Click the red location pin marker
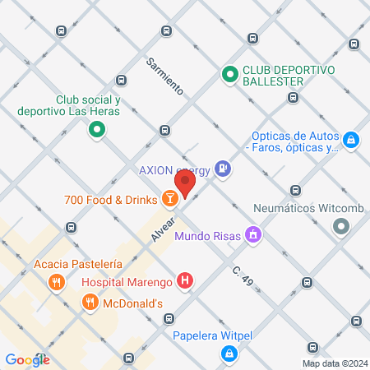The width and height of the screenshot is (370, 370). [x=185, y=183]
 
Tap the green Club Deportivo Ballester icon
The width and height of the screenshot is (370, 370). [x=230, y=76]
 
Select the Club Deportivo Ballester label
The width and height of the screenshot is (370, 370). [x=289, y=76]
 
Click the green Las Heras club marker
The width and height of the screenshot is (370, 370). [x=96, y=129]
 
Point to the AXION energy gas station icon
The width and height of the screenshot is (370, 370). [x=222, y=170]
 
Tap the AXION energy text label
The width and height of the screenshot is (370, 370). [x=174, y=170]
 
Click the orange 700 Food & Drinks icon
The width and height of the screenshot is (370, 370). [x=169, y=198]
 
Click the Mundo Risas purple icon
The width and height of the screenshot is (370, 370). [x=254, y=236]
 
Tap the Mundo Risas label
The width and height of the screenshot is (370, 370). [x=208, y=237]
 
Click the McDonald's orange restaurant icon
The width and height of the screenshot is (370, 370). [x=89, y=303]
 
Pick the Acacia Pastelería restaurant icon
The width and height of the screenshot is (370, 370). [x=57, y=284]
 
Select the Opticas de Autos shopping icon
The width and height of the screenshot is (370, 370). [x=351, y=141]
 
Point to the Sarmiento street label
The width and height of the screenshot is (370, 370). [x=164, y=74]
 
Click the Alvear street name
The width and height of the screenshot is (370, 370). [x=163, y=229]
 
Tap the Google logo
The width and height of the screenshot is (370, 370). [x=27, y=359]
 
